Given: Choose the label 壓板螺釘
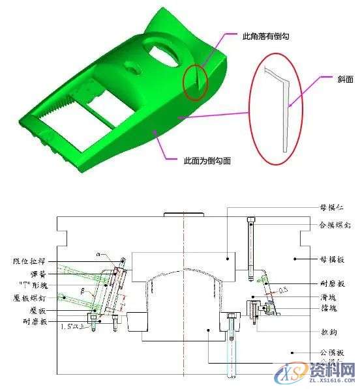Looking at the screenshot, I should [27, 298].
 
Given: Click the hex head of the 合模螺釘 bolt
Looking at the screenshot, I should [252, 218].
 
